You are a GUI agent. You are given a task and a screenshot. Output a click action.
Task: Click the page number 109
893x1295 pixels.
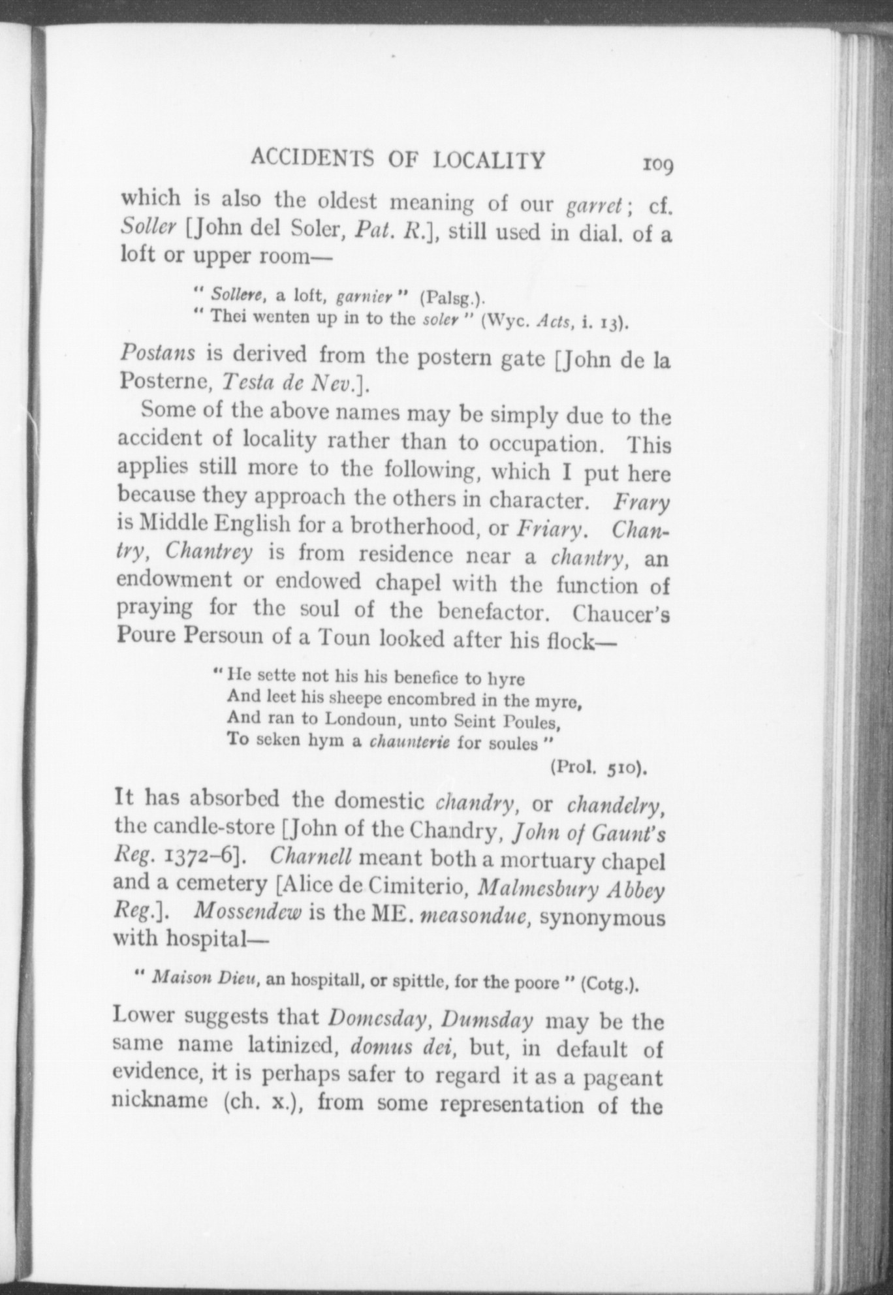(658, 164)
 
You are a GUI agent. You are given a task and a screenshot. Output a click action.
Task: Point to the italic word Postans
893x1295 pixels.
(158, 353)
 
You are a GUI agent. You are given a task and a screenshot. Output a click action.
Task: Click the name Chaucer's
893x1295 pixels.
(620, 615)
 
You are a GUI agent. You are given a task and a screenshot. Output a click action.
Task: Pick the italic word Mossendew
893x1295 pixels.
(247, 912)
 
